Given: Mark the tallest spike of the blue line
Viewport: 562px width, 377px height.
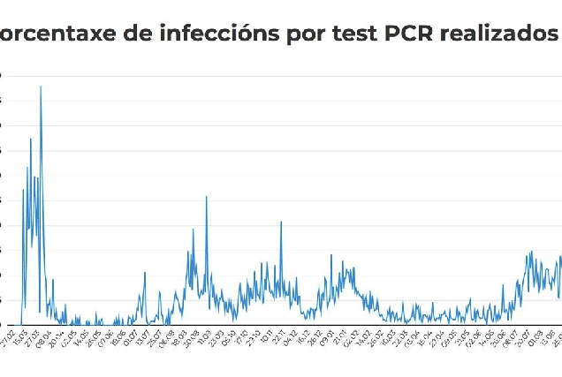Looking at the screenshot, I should point(41,87).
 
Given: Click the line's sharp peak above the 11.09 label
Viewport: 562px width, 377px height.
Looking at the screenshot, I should point(207,197).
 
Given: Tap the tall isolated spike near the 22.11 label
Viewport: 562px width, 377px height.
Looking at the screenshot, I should point(281,222).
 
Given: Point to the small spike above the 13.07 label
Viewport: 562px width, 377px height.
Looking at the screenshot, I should point(145,273).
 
